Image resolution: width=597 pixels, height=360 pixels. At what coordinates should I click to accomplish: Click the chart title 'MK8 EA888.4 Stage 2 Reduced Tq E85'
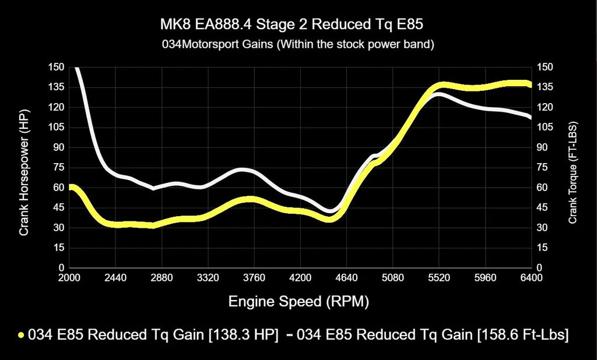point(298,26)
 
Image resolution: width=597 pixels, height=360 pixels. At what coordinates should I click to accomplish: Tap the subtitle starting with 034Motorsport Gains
point(298,44)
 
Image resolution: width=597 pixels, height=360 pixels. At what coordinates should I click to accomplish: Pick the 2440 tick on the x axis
point(115,278)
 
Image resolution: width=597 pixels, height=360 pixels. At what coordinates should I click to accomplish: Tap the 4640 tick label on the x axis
point(346,278)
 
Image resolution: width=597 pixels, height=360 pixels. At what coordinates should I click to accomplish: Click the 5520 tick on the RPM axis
point(438,278)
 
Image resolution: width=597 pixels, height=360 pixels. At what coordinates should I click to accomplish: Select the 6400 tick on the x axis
point(531,278)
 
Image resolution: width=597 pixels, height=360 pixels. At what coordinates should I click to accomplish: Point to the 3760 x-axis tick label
point(254,278)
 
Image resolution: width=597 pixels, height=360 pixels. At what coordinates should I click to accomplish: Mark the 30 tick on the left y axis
point(58,228)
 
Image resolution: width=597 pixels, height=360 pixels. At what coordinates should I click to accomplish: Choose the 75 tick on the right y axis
point(543,168)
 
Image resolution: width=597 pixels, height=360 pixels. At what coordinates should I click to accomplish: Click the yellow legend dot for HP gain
point(22,335)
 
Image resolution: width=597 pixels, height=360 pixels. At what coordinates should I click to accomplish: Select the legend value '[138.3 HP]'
point(243,335)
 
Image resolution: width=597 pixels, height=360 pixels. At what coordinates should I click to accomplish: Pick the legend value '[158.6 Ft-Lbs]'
point(522,335)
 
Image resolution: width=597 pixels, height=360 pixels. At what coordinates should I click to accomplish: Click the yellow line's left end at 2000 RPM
point(71,188)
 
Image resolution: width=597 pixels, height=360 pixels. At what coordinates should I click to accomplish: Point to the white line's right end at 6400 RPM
point(530,117)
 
